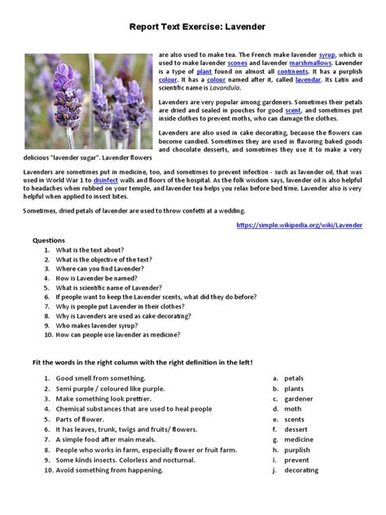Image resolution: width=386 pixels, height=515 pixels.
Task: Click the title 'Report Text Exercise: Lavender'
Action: (x=197, y=26)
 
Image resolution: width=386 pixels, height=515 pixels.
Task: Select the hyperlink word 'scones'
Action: (x=238, y=62)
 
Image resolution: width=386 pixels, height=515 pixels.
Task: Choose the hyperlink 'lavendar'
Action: (x=307, y=81)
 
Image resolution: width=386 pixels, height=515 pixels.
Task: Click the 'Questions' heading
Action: (x=48, y=241)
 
